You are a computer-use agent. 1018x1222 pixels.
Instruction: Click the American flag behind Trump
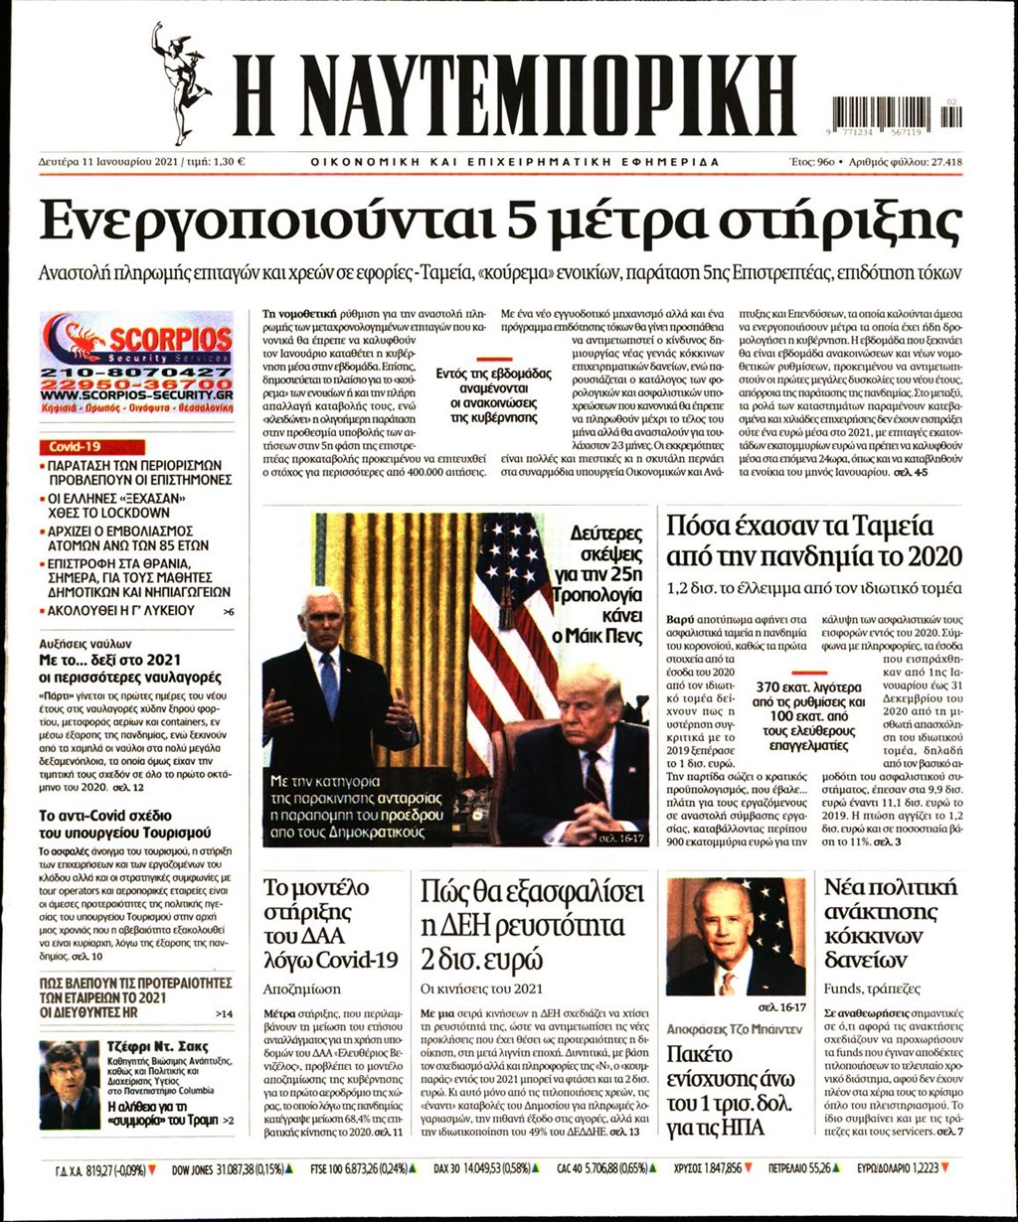511,636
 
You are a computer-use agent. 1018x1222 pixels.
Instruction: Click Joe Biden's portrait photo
735,936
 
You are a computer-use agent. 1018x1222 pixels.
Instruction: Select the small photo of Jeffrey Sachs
69,1085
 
